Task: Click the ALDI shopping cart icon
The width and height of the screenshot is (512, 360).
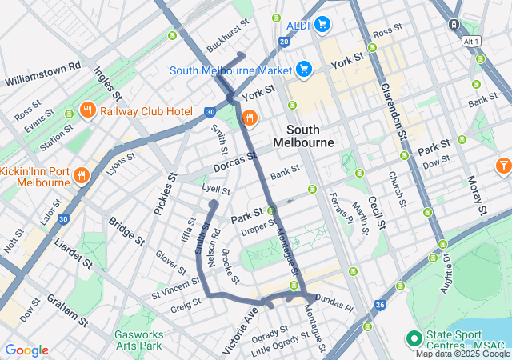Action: pyautogui.click(x=322, y=24)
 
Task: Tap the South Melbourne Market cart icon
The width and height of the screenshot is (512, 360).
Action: pyautogui.click(x=303, y=70)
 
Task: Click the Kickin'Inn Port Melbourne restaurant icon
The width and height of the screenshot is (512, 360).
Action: pyautogui.click(x=80, y=175)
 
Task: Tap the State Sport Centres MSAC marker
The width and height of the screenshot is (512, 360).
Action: pyautogui.click(x=414, y=338)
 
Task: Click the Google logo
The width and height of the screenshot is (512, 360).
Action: pyautogui.click(x=26, y=350)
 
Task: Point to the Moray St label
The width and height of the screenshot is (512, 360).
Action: pyautogui.click(x=477, y=194)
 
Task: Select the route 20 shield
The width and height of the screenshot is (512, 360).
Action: pyautogui.click(x=284, y=41)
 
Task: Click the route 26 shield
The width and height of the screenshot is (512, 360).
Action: pyautogui.click(x=380, y=304)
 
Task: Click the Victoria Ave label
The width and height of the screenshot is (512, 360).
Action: pyautogui.click(x=240, y=330)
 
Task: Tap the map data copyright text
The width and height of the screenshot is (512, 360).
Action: pyautogui.click(x=462, y=354)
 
